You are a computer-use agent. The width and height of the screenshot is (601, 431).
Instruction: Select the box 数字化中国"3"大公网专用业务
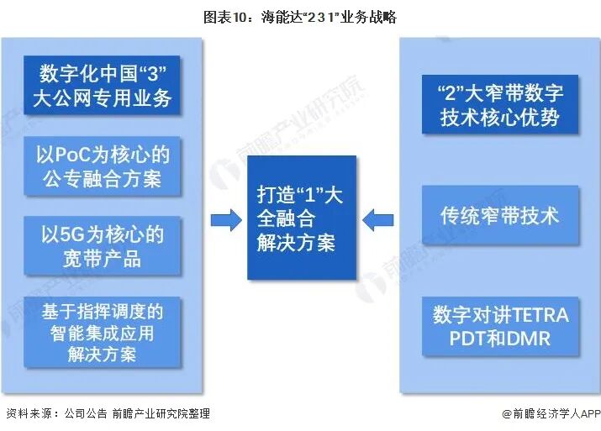click(x=103, y=86)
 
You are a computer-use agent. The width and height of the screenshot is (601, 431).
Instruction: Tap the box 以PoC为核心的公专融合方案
click(x=103, y=166)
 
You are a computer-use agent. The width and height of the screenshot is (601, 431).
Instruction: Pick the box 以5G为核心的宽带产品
click(x=103, y=244)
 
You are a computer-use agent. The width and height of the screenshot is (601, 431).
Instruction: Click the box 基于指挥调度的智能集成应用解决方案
click(x=103, y=332)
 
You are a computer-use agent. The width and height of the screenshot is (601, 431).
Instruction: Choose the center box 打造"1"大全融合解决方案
click(x=300, y=218)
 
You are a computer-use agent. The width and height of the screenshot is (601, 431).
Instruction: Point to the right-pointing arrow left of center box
click(x=224, y=220)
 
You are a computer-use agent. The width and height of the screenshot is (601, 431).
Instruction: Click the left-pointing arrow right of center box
click(x=377, y=220)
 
